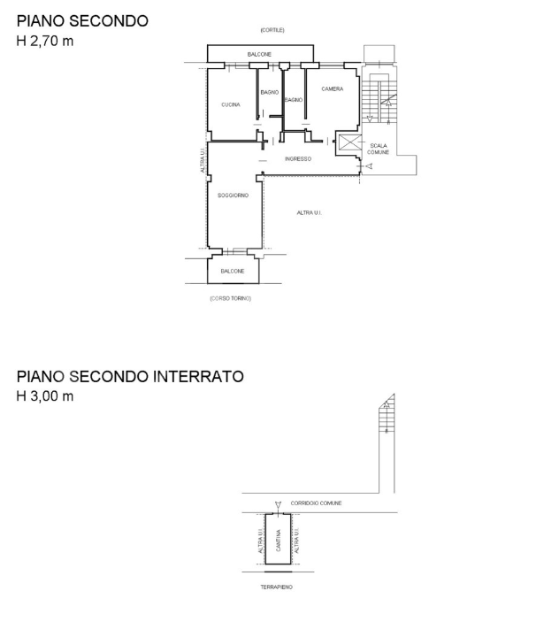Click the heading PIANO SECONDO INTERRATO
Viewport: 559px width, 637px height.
(x=129, y=376)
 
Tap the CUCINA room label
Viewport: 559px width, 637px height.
(x=230, y=104)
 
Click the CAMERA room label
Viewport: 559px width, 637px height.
(x=332, y=88)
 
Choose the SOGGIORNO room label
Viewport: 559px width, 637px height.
(x=233, y=195)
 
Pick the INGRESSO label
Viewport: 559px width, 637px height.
(x=297, y=158)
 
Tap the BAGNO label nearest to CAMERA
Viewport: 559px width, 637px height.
(x=294, y=100)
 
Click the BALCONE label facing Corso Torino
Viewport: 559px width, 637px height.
(x=232, y=271)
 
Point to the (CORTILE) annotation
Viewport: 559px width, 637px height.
(x=272, y=30)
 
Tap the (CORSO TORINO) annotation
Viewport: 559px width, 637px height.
(x=230, y=298)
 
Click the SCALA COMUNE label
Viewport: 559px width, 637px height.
(x=379, y=149)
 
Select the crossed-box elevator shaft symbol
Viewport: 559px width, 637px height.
(x=350, y=144)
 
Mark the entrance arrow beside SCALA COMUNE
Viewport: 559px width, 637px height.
(x=370, y=166)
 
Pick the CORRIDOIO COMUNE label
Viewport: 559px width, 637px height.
(x=316, y=503)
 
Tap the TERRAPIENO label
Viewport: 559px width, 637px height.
(x=276, y=587)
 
